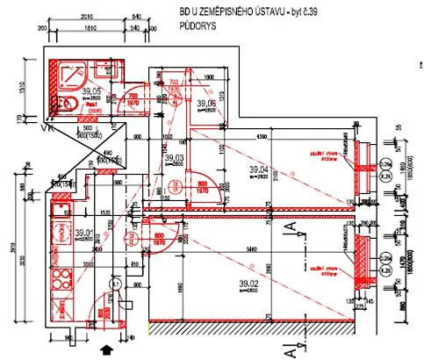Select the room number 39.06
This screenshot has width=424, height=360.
click(207, 104)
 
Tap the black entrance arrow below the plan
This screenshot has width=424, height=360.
click(108, 350)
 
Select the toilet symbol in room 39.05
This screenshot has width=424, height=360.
click(63, 103)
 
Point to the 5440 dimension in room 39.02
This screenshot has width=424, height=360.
click(251, 250)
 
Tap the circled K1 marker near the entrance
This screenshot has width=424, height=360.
click(114, 284)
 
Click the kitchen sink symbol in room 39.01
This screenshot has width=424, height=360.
click(61, 307)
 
